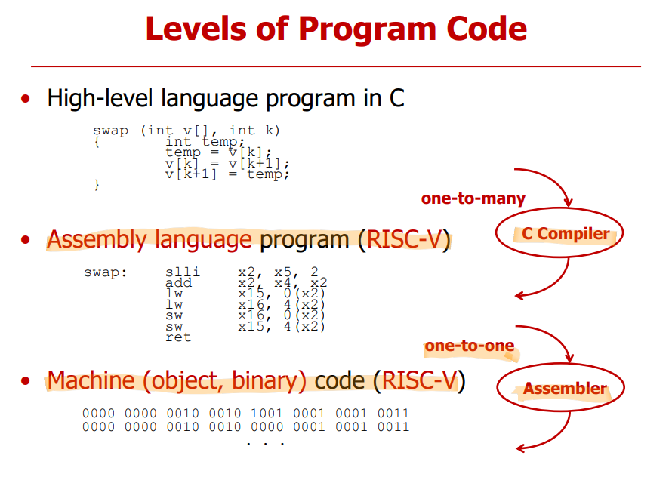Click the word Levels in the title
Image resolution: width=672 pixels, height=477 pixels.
click(196, 29)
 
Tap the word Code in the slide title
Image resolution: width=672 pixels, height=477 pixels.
click(486, 29)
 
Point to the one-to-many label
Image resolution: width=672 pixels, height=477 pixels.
click(473, 198)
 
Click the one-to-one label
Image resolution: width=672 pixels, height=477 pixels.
click(470, 346)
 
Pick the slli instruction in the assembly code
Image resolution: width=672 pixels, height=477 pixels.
click(183, 272)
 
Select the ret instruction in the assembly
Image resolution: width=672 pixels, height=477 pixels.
click(178, 337)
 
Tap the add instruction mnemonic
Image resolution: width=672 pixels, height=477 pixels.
click(178, 282)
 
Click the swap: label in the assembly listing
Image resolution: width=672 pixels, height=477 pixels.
click(106, 272)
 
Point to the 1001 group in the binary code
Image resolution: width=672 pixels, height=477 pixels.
click(267, 413)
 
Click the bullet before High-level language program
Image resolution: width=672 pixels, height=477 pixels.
click(26, 99)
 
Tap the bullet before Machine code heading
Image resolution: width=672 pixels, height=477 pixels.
click(26, 380)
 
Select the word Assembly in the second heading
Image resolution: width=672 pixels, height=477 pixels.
click(97, 239)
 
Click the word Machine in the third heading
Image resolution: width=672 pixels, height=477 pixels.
click(91, 380)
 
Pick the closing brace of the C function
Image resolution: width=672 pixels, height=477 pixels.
click(97, 185)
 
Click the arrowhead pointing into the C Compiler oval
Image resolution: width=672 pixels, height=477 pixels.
click(569, 202)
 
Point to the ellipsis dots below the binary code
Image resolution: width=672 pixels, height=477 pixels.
click(266, 444)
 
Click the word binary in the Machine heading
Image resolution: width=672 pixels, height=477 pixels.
click(269, 380)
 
